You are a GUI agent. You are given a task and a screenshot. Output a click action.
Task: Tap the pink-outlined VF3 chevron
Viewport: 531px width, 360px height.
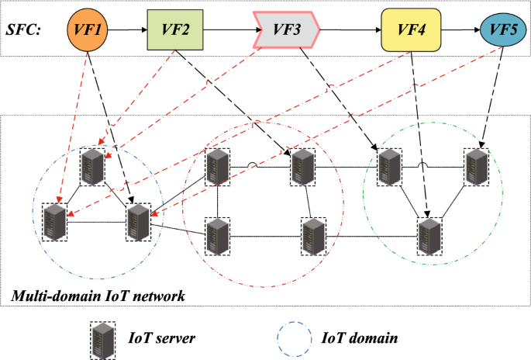click(286, 30)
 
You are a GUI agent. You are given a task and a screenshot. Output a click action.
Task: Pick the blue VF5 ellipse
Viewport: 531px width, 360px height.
click(503, 30)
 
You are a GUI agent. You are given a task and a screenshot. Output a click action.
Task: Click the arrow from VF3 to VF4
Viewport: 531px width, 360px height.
click(350, 31)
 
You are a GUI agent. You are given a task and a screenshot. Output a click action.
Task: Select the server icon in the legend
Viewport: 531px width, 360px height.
click(101, 338)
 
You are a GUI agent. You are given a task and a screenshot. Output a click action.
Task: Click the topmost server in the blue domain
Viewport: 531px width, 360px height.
click(93, 164)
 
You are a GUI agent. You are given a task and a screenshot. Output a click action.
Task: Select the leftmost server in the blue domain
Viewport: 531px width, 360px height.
click(55, 222)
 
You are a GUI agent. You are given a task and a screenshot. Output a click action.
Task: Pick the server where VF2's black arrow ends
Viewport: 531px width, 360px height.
click(301, 166)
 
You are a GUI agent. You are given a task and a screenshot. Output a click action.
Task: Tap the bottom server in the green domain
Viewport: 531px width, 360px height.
click(429, 236)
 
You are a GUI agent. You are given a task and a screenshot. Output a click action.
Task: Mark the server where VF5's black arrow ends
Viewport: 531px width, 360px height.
click(476, 166)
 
